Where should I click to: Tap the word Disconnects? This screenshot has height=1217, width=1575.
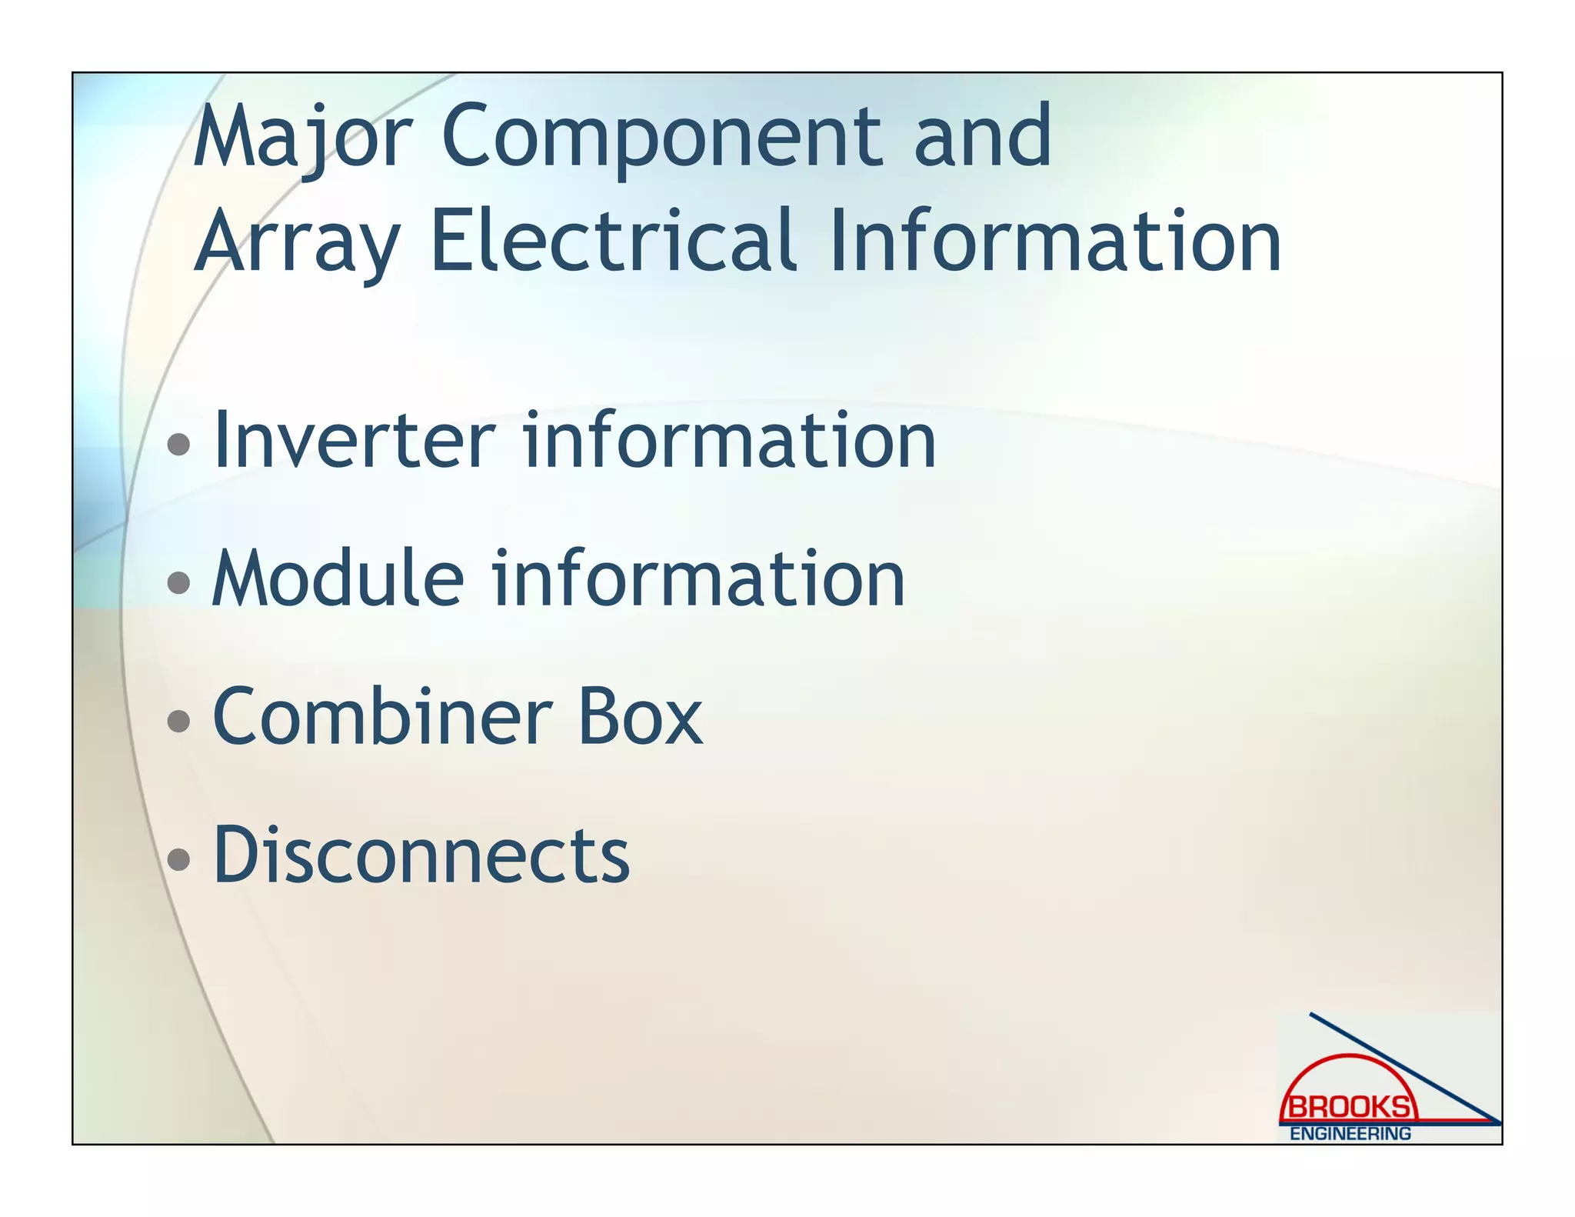coord(421,855)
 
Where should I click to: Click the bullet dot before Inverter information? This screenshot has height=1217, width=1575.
coord(178,444)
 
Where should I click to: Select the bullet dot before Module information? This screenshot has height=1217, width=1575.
coord(178,582)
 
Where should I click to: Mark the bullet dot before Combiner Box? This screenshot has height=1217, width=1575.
coord(178,721)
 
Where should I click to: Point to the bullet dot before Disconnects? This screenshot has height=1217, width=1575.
coord(178,859)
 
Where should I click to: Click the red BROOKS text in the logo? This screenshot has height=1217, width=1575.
coord(1350,1108)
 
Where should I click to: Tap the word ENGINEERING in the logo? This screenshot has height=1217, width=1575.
coord(1350,1133)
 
